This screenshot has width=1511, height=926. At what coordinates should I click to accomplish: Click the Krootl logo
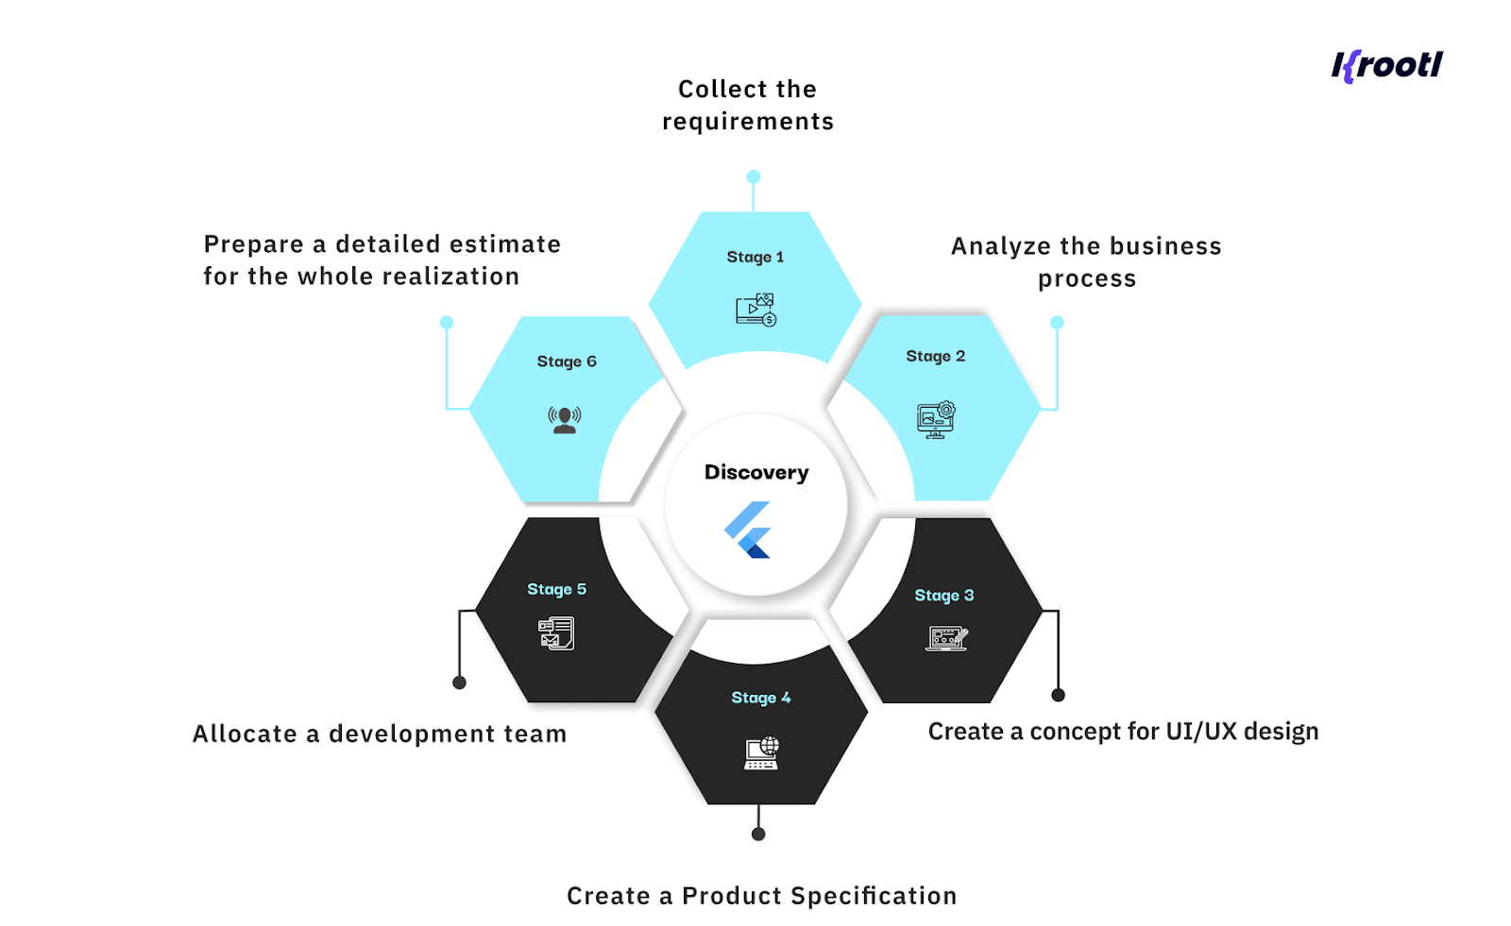point(1386,65)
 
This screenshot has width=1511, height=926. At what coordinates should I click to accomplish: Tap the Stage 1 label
point(755,257)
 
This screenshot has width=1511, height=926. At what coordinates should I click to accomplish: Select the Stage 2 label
point(935,356)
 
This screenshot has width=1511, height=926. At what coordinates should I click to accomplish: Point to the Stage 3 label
point(943,596)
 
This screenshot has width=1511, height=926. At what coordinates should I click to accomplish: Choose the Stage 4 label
point(760,698)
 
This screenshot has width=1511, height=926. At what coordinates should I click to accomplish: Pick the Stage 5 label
point(556,589)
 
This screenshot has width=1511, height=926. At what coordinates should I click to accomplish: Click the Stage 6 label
point(567,362)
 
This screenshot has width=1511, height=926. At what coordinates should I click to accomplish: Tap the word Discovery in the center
point(756,472)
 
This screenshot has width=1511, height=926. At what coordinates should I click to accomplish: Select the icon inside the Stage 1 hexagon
point(755,310)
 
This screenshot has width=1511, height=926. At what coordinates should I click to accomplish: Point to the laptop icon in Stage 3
point(946,638)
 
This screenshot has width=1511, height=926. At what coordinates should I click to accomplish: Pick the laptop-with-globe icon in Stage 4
point(761,753)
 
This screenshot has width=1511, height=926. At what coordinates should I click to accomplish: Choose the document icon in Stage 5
point(556,632)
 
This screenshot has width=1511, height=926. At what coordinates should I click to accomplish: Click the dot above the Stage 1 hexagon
point(754,177)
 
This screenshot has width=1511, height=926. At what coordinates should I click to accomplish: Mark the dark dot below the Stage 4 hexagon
point(758,833)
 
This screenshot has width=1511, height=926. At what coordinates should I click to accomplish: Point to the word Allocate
point(245,734)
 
